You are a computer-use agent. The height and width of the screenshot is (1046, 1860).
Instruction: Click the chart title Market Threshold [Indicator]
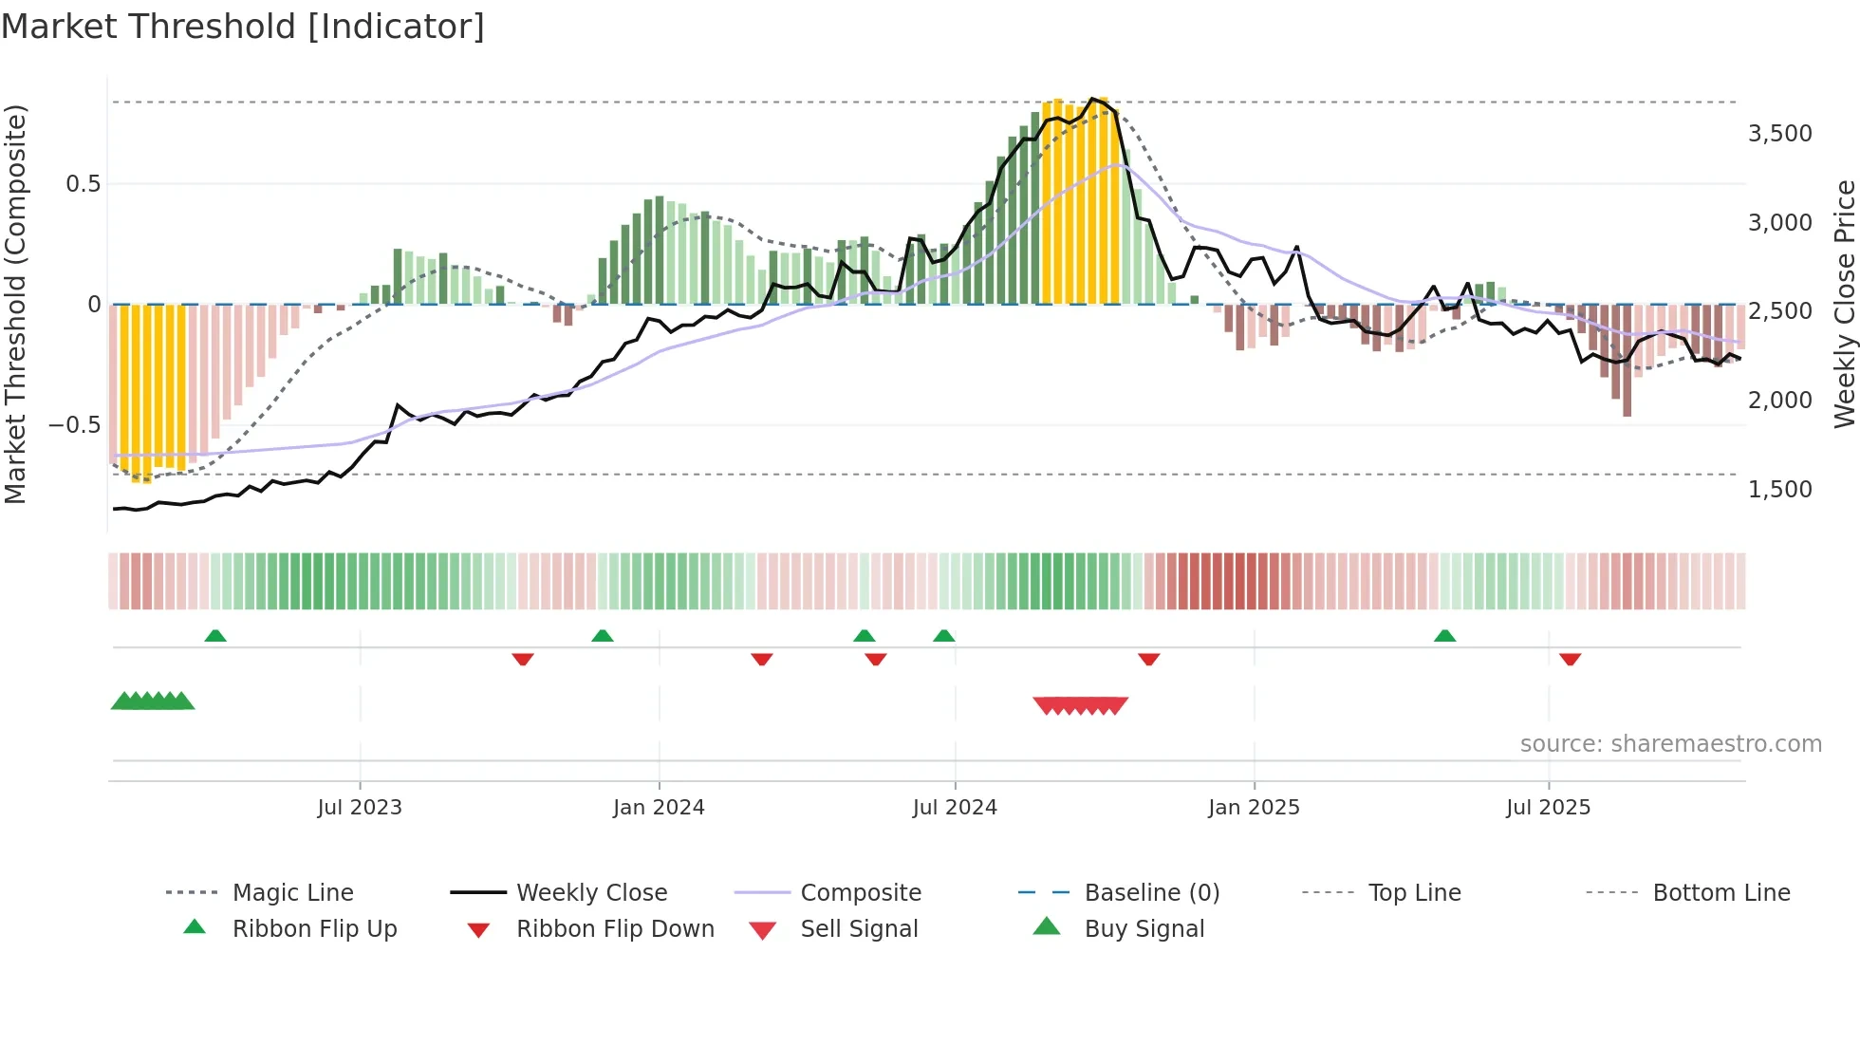(243, 27)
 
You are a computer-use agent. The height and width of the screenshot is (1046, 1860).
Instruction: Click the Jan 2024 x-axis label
(659, 807)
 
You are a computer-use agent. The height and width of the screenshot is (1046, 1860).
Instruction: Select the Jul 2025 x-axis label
(1548, 807)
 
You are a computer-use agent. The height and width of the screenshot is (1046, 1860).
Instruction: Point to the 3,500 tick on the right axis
(1779, 133)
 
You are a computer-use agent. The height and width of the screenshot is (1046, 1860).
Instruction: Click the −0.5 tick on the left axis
(74, 424)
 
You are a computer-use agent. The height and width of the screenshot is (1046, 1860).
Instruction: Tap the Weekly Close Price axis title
(1844, 304)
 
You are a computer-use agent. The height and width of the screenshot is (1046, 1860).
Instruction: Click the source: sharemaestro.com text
(1670, 743)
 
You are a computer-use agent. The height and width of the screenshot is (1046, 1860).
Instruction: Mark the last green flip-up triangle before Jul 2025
(1444, 636)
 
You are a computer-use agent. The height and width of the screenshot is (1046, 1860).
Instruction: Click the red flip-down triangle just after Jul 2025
(1570, 659)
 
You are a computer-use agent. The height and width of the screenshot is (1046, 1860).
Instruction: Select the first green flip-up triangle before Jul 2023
(215, 636)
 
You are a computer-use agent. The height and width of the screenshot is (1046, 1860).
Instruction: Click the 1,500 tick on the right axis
(1779, 489)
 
